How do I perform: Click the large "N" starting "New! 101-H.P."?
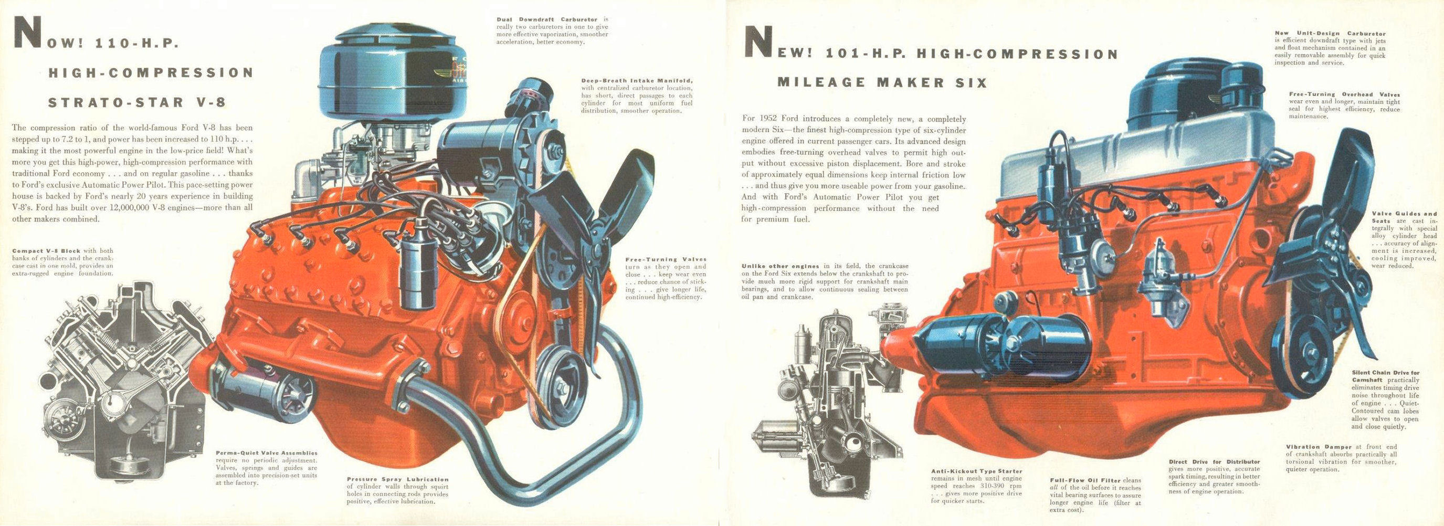(760, 42)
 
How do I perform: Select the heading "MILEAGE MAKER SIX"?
(882, 83)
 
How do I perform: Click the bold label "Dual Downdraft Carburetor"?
(539, 19)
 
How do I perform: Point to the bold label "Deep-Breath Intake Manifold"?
(637, 81)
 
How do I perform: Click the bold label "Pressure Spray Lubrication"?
(397, 479)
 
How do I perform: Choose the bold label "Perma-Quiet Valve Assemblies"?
(266, 453)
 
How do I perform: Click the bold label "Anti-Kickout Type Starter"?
(976, 471)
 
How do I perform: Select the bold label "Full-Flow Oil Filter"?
(1084, 480)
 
